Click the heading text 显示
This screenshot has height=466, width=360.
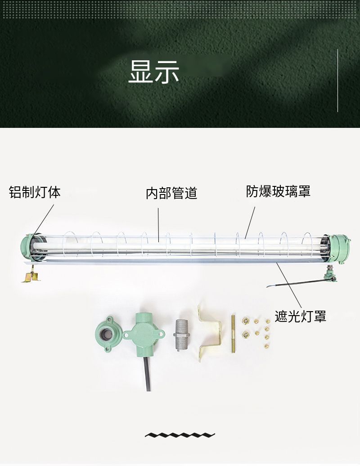(154, 72)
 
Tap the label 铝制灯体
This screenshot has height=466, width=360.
(35, 192)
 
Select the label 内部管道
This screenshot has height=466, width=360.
(171, 193)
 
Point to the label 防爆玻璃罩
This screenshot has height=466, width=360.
(278, 191)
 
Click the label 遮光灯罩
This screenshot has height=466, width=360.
(300, 317)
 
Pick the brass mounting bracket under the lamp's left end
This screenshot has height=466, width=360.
(30, 275)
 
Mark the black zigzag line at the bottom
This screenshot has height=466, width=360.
(180, 435)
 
